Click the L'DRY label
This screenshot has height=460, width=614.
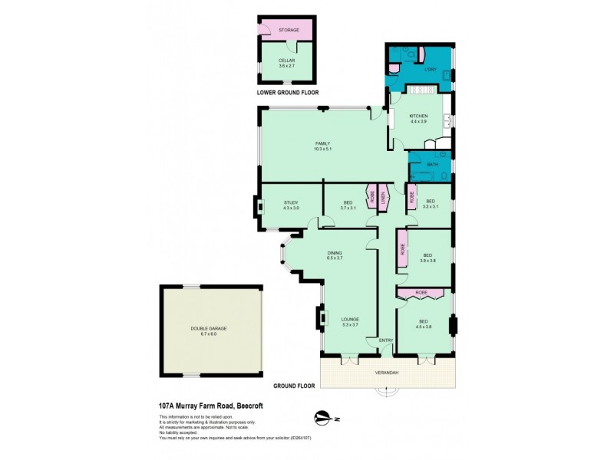coord(431,71)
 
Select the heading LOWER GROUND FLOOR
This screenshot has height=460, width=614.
coord(288,92)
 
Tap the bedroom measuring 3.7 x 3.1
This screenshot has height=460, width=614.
coord(348,205)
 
